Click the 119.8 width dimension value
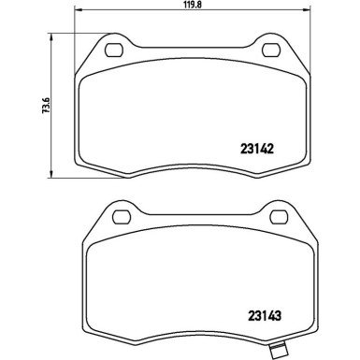192,5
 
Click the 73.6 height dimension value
46,106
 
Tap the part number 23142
257,149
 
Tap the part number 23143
265,316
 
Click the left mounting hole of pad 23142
114,50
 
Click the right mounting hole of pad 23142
271,50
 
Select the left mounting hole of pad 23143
122,217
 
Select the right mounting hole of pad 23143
279,217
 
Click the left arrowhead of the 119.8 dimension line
78,10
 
